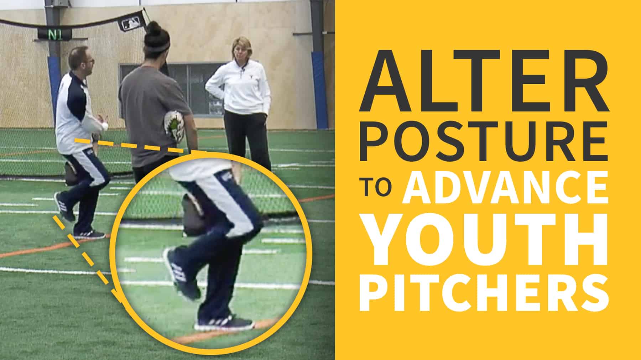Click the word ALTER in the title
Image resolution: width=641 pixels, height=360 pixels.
point(483,81)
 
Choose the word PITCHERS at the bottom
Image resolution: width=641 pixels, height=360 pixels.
point(483,293)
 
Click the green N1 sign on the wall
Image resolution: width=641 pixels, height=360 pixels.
point(53,35)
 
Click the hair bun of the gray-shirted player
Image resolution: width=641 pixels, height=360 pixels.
point(154,29)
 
